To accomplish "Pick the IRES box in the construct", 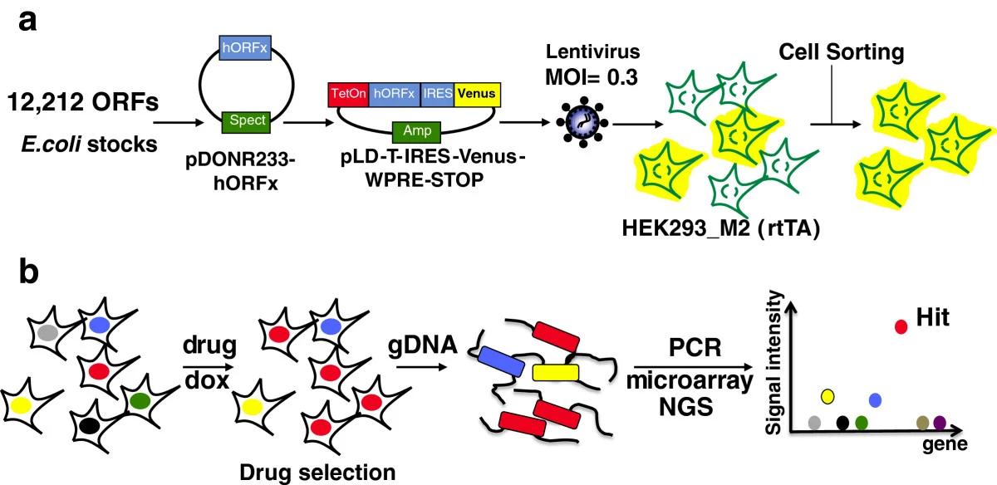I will (x=437, y=94).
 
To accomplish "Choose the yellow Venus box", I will (x=476, y=94).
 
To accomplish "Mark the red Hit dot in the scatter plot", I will (x=901, y=326).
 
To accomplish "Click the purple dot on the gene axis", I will (x=940, y=423).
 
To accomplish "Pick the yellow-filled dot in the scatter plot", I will (x=828, y=395).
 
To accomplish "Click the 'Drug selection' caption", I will (x=317, y=473).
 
